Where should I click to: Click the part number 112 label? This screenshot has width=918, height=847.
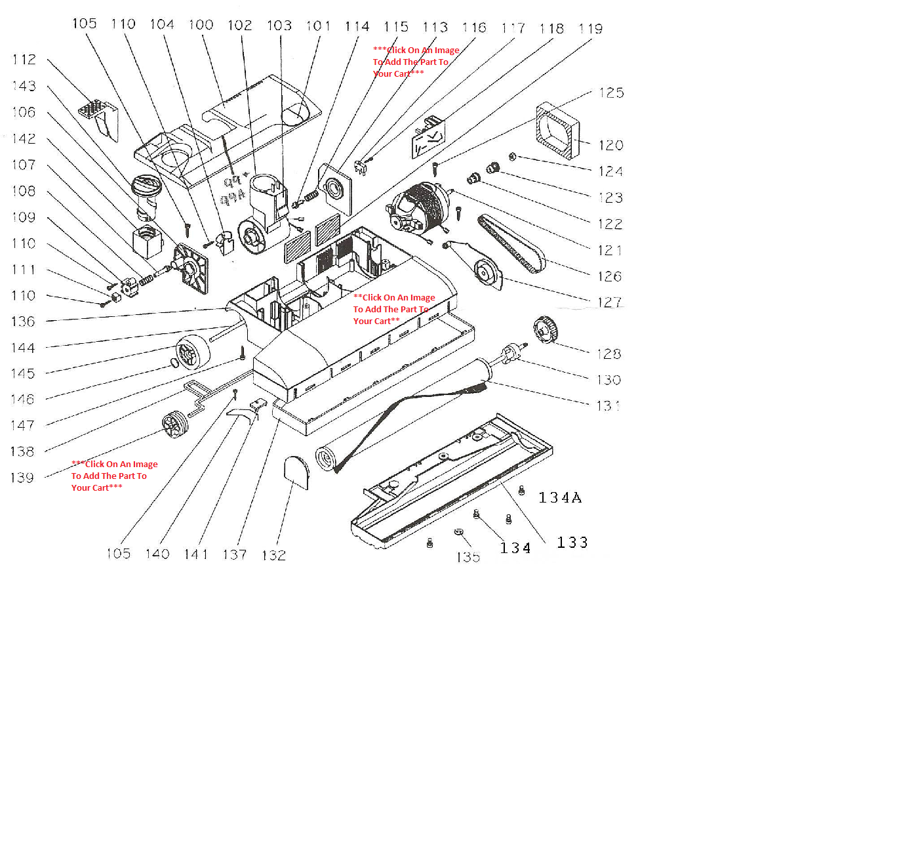[24, 60]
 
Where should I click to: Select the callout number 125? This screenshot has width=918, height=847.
[611, 93]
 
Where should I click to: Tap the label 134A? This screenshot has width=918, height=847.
[560, 498]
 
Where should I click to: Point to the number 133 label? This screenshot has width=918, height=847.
[572, 543]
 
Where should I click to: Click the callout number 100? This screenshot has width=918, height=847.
[201, 25]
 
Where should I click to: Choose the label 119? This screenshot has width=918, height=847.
[591, 29]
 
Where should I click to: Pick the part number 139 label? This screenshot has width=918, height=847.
[22, 478]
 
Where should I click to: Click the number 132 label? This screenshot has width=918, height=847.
[273, 556]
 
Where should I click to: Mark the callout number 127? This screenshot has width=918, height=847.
[610, 302]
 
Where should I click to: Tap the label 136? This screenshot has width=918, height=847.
[23, 321]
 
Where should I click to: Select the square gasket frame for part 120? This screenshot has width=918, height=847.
[557, 131]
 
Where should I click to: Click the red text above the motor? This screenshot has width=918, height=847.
[416, 62]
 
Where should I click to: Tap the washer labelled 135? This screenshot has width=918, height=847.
[459, 532]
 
